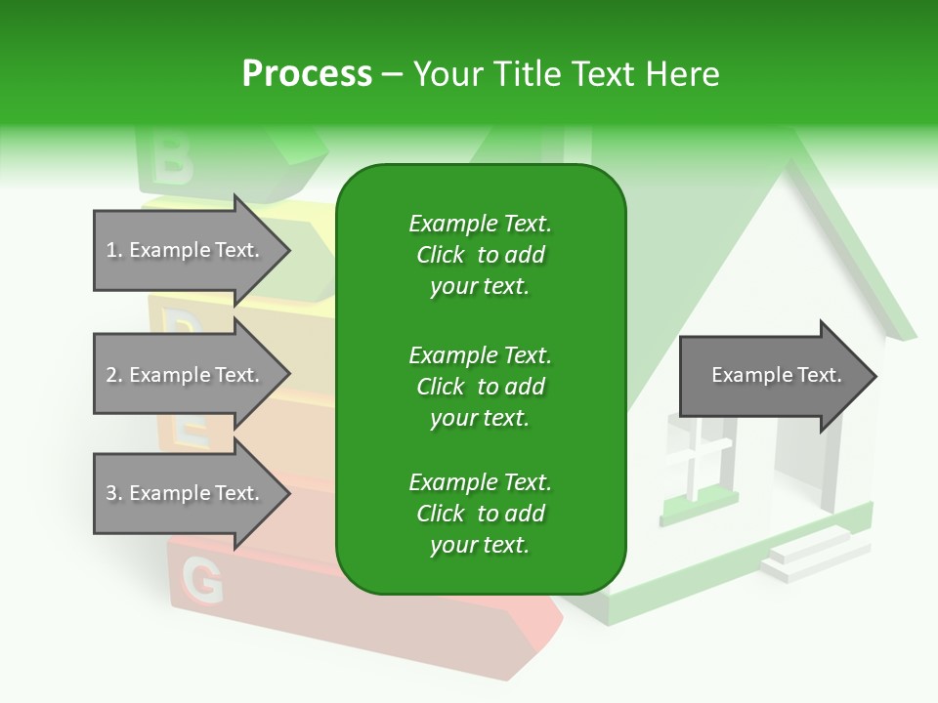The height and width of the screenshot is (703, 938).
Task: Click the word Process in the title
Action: pos(307,73)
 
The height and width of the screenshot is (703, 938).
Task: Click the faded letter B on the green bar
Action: pos(173,162)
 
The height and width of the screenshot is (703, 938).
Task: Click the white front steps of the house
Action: pos(806,555)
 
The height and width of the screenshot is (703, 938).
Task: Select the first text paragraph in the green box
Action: pos(480,255)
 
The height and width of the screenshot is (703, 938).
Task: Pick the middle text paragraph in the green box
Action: pos(480,387)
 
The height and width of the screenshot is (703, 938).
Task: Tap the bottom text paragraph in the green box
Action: pos(480,514)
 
